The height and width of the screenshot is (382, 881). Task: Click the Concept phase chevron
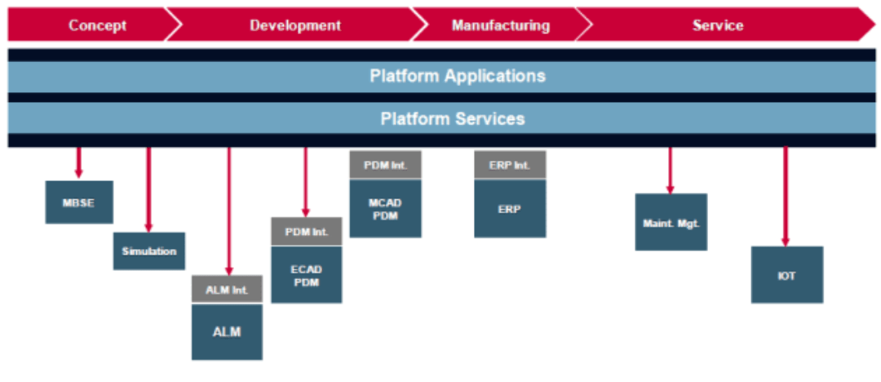click(90, 24)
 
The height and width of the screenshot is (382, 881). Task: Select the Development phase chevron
click(295, 24)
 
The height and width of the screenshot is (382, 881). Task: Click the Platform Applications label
click(458, 76)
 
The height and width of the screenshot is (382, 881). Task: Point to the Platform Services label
click(453, 118)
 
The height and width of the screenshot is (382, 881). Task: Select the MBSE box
click(79, 202)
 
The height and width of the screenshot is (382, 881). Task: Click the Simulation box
click(149, 251)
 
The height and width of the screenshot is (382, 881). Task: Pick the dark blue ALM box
click(227, 332)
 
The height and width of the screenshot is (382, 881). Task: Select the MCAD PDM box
click(385, 208)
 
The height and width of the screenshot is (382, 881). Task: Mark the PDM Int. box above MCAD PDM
click(385, 165)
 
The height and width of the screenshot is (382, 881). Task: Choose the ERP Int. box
click(510, 165)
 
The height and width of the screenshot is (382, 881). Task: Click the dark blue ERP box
click(510, 208)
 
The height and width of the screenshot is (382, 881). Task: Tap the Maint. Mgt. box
click(671, 222)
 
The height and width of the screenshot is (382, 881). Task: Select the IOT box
click(787, 274)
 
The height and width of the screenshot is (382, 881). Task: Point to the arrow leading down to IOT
click(786, 197)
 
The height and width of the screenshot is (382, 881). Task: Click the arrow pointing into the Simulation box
click(148, 189)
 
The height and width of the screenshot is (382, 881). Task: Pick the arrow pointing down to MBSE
click(78, 162)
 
